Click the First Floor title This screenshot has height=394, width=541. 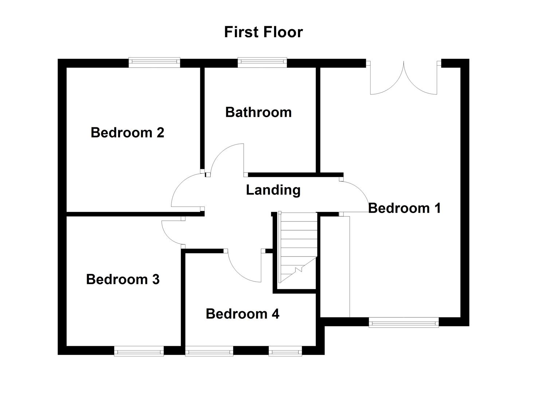(x=263, y=32)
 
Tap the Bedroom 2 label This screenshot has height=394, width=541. (x=127, y=132)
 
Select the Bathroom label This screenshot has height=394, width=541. (x=258, y=112)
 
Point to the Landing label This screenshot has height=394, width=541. (x=273, y=190)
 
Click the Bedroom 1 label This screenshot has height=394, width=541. (x=404, y=208)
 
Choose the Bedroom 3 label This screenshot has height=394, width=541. (x=123, y=279)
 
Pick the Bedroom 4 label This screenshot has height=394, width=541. (x=242, y=314)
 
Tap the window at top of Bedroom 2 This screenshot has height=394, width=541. (x=154, y=63)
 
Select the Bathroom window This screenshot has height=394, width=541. (x=262, y=63)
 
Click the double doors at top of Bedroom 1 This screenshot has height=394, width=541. (x=404, y=78)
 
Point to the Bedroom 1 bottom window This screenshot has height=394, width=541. (x=404, y=322)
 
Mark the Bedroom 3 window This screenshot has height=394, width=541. (x=139, y=352)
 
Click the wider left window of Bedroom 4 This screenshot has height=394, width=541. (x=209, y=352)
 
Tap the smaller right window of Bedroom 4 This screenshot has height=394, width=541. (x=285, y=352)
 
